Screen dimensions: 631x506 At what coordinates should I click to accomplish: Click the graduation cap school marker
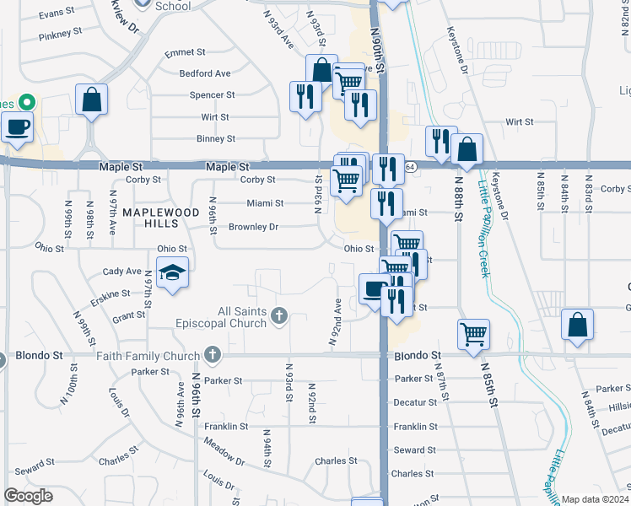pos(172,273)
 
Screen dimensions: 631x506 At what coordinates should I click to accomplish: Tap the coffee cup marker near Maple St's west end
pos(17,128)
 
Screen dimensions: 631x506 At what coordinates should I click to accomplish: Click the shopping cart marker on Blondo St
pos(474,333)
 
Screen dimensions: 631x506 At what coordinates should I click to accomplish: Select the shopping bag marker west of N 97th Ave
pos(91,100)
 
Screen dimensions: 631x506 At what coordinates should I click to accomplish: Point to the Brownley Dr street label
pos(253,227)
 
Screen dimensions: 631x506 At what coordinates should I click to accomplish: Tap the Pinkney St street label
pos(60,33)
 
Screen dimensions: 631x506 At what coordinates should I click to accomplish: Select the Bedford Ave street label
pos(204,73)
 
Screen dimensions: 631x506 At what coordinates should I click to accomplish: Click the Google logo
pos(28,496)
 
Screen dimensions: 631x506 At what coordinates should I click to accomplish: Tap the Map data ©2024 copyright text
pos(595,499)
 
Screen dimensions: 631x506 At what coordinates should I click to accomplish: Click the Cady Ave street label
pos(121,272)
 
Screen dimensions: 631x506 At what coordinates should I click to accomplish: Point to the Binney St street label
pos(215,138)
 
